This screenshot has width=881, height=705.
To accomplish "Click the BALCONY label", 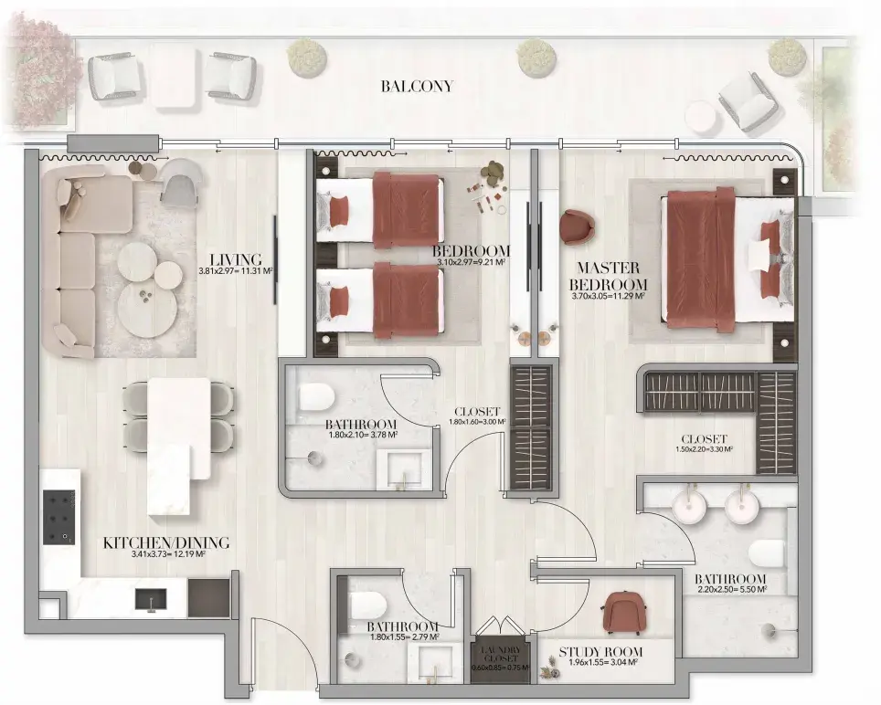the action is tap(417, 87).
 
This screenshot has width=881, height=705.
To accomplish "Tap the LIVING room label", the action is tap(236, 260).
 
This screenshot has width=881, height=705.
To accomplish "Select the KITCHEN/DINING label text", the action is tap(166, 542).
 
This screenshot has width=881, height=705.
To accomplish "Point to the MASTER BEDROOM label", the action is tap(608, 276).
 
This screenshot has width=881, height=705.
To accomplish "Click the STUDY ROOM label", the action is tap(600, 652).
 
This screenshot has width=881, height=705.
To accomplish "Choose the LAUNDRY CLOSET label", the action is tap(501, 654).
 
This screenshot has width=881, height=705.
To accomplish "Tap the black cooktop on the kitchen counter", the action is tap(59, 518).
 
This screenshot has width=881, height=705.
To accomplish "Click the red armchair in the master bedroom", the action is tap(577, 227).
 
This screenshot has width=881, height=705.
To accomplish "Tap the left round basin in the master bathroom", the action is tap(688, 507).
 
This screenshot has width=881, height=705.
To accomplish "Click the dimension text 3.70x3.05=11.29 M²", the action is tap(608, 297).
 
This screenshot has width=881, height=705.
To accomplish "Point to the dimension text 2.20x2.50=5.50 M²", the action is tap(732, 589).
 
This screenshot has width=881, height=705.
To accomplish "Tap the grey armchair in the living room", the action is tap(179, 181).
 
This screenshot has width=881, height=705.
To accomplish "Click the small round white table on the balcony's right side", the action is tap(701, 118).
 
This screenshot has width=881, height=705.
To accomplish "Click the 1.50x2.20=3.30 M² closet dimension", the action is tap(704, 449).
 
